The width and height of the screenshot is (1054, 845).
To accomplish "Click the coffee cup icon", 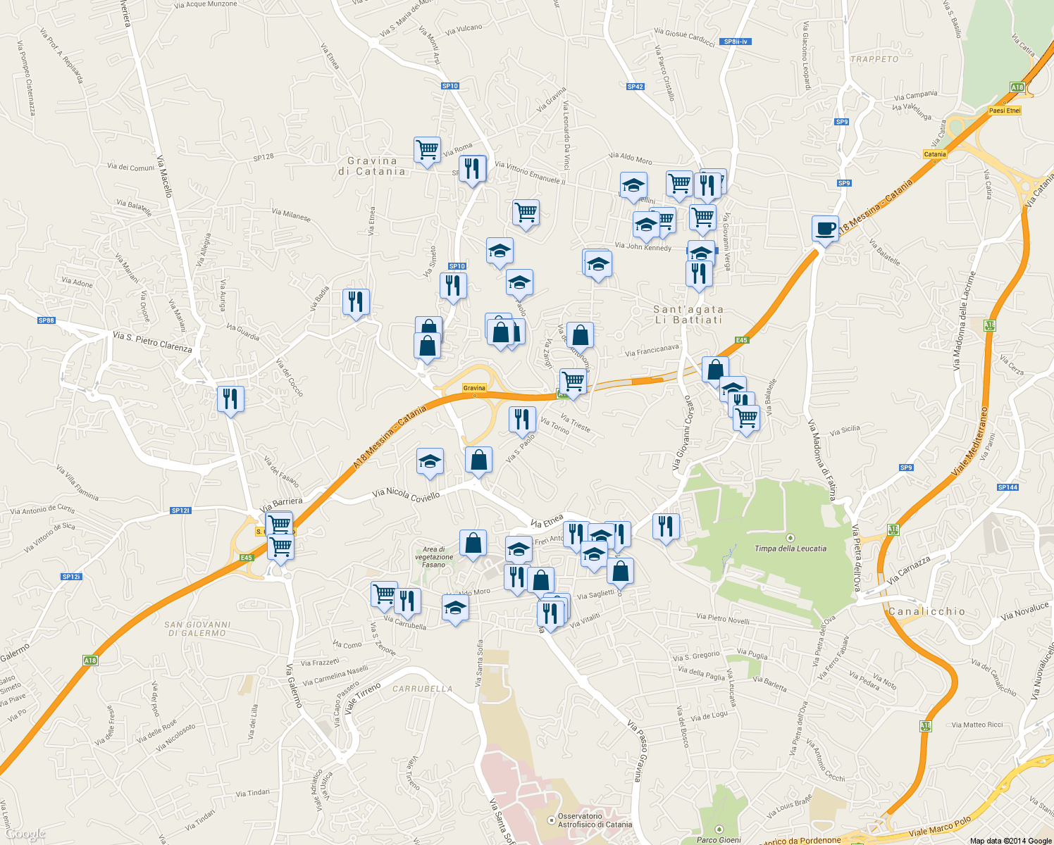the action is pyautogui.click(x=825, y=229).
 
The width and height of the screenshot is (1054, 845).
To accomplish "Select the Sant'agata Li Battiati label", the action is pyautogui.click(x=688, y=315).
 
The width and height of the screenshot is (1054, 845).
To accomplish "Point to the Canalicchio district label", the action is pyautogui.click(x=926, y=611).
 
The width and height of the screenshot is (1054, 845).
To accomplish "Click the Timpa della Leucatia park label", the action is pyautogui.click(x=790, y=549).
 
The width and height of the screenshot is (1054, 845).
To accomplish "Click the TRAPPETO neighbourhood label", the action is pyautogui.click(x=874, y=59).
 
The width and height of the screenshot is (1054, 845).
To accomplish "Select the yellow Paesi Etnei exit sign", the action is pyautogui.click(x=1004, y=111).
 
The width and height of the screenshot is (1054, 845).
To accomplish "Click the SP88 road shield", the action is pyautogui.click(x=46, y=320).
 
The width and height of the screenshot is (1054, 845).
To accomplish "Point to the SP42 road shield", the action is pyautogui.click(x=635, y=87).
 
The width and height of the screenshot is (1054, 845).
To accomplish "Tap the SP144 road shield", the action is pyautogui.click(x=1008, y=487).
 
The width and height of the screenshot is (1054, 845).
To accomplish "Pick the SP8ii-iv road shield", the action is pyautogui.click(x=736, y=42).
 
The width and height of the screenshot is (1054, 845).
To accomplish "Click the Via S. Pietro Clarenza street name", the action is pyautogui.click(x=152, y=342).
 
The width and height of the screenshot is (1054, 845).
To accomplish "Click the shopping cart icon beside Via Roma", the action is pyautogui.click(x=427, y=150).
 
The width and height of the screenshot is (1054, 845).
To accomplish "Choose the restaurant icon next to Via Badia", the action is pyautogui.click(x=356, y=302).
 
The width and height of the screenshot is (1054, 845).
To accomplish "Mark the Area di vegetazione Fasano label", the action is pyautogui.click(x=434, y=557).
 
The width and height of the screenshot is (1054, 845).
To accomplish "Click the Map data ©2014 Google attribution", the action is pyautogui.click(x=1010, y=841).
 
